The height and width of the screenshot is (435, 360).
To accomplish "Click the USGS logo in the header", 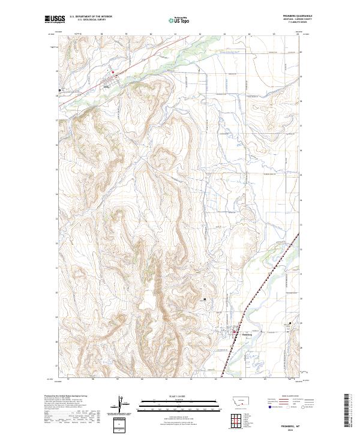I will tap(55, 20).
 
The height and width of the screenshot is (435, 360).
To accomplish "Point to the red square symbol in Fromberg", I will tap(234, 331).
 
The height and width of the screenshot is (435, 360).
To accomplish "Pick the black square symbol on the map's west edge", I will tap(59, 91).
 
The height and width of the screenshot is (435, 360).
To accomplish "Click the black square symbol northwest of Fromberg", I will tap(205, 298).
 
